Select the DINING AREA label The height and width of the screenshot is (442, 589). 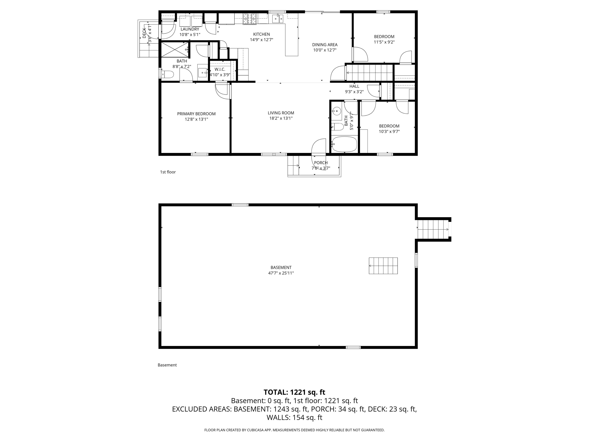point(325,45)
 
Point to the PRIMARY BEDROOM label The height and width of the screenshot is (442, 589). point(196,114)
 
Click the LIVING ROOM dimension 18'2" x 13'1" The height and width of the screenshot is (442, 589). point(281,118)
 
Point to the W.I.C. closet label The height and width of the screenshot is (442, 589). point(220,69)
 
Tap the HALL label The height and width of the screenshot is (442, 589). point(354,86)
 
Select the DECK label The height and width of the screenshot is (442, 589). point(144,33)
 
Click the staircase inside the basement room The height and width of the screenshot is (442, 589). point(383,266)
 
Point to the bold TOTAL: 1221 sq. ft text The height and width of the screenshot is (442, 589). point(294,392)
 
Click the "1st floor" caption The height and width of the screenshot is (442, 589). point(168,172)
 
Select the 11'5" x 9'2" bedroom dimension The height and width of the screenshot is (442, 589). point(384,42)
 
